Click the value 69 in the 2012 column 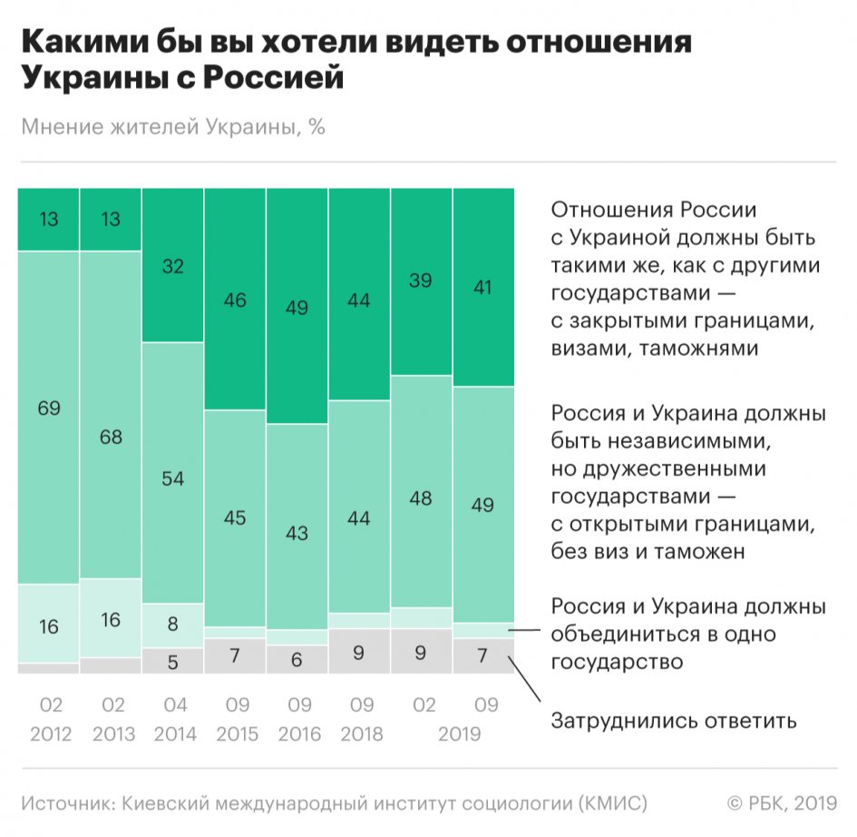pyautogui.click(x=49, y=409)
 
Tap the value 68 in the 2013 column pyautogui.click(x=112, y=437)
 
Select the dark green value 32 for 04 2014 pyautogui.click(x=173, y=266)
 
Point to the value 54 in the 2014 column pyautogui.click(x=173, y=478)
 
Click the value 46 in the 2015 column pyautogui.click(x=235, y=300)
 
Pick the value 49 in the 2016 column pyautogui.click(x=297, y=309)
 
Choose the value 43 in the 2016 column pyautogui.click(x=297, y=534)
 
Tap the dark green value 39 pyautogui.click(x=421, y=282)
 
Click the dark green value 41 pyautogui.click(x=482, y=289)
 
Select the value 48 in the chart pyautogui.click(x=421, y=498)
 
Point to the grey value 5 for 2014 pyautogui.click(x=173, y=662)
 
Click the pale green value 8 pyautogui.click(x=173, y=625)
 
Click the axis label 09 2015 pyautogui.click(x=235, y=720)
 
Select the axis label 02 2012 pyautogui.click(x=49, y=720)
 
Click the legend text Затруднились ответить pyautogui.click(x=674, y=722)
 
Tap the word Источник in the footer pyautogui.click(x=68, y=803)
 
